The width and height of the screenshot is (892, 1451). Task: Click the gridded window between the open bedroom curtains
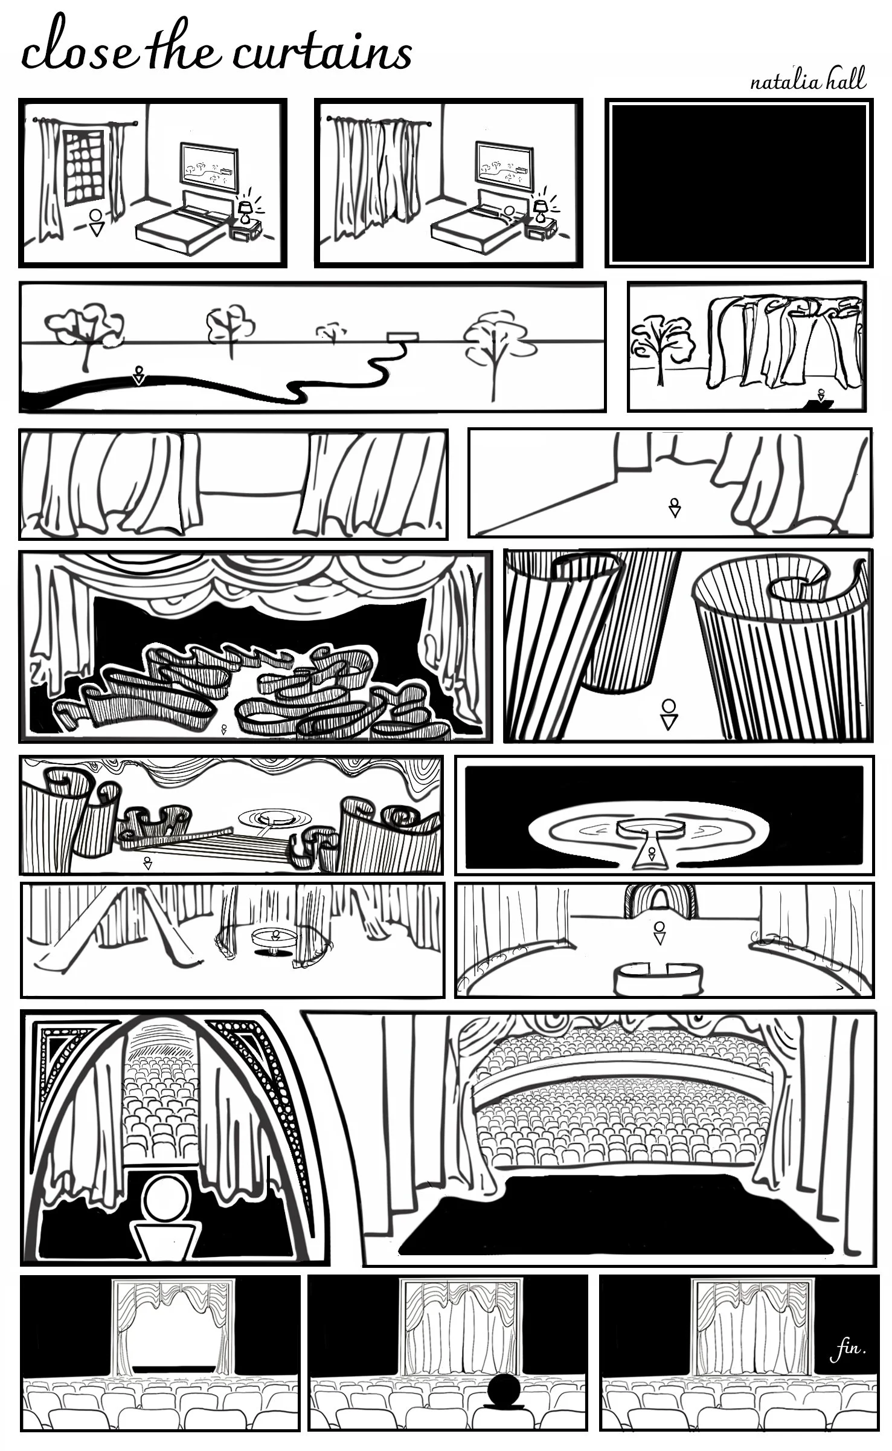pos(84,165)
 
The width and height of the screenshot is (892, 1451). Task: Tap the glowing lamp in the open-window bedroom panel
pos(246,211)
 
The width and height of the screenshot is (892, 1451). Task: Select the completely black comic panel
pos(739,183)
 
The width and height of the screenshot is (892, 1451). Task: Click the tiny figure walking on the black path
pos(140,375)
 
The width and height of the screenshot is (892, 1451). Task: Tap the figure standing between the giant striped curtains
pos(669,713)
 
